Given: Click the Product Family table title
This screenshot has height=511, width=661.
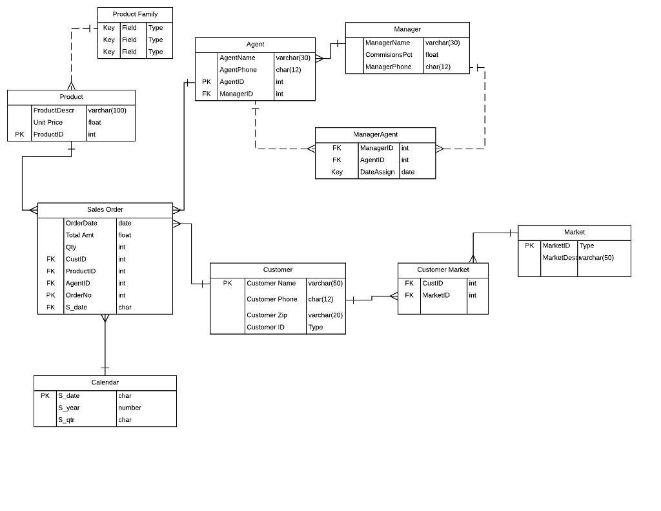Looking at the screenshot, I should click(x=135, y=14).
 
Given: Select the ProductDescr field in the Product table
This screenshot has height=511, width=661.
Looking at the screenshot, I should click(x=54, y=110).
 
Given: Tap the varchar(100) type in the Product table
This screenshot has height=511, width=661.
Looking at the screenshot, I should click(x=107, y=110).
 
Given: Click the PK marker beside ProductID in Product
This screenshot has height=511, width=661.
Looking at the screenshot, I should click(x=19, y=134).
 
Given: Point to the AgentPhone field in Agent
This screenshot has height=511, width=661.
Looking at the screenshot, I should click(x=238, y=70).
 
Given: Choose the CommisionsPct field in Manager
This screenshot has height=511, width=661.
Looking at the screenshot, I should click(x=389, y=55).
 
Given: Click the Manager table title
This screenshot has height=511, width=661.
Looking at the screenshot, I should click(x=407, y=29).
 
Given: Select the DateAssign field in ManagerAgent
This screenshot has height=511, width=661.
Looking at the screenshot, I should click(x=378, y=172).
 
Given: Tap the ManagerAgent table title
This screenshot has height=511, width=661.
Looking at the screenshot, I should click(x=375, y=134).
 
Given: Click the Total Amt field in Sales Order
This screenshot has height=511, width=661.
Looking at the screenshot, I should click(x=79, y=235).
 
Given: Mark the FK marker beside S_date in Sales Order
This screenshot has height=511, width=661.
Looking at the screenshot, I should click(x=50, y=308).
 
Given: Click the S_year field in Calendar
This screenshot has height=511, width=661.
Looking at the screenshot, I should click(x=69, y=408).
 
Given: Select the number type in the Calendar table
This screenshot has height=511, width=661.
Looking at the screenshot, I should click(x=129, y=408).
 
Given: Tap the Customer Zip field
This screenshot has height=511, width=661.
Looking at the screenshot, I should click(x=267, y=315).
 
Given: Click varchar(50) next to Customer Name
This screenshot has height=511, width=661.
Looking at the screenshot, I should click(x=325, y=284).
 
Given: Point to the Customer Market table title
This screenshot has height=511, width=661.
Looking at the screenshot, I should click(x=443, y=269).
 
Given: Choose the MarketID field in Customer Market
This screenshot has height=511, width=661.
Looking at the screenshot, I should click(x=436, y=295).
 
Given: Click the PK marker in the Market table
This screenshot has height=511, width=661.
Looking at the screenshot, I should click(x=529, y=245).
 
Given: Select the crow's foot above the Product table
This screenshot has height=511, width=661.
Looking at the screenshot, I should click(x=71, y=85).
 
